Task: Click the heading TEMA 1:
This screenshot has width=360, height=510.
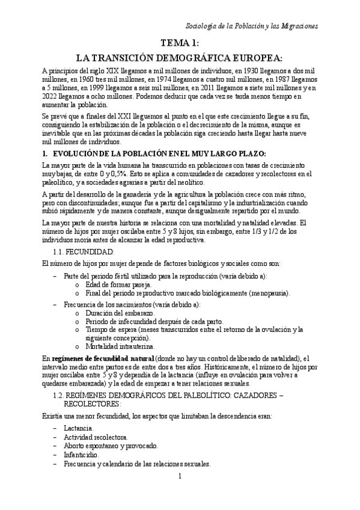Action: click(x=180, y=43)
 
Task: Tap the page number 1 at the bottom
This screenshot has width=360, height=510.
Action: click(x=180, y=494)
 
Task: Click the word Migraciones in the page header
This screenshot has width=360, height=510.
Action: click(x=297, y=27)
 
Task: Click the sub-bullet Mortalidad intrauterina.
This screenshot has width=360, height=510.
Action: click(x=120, y=346)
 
